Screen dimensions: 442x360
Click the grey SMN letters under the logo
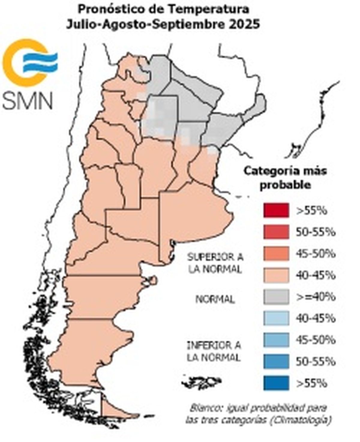(x=28, y=100)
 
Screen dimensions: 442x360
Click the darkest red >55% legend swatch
(x=276, y=211)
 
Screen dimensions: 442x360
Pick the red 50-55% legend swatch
(x=276, y=232)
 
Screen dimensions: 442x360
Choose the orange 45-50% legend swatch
(x=276, y=254)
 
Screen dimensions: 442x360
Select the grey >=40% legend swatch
(x=276, y=297)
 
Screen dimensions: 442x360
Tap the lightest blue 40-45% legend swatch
(x=276, y=318)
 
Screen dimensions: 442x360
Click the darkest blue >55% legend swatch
(x=276, y=383)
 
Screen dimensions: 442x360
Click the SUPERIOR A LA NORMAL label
(x=215, y=263)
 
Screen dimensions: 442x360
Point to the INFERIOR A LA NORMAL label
(x=214, y=351)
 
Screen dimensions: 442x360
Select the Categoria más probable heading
(x=285, y=178)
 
